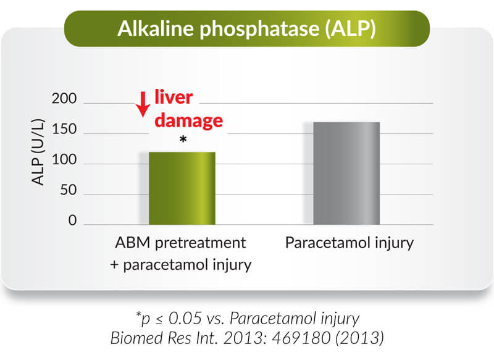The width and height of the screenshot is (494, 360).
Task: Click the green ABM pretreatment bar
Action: (182, 188)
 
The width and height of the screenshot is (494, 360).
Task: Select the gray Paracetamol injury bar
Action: (346, 174)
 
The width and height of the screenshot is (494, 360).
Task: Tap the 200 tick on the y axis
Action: (64, 99)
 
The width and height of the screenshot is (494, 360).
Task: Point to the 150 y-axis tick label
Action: (64, 129)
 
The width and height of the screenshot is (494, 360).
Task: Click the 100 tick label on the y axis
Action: (64, 160)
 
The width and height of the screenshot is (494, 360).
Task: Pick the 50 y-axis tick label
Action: (69, 190)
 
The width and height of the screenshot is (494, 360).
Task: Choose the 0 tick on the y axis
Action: (72, 220)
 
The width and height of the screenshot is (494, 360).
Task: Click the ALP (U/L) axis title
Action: (38, 152)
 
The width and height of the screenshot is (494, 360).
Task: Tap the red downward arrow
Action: (143, 104)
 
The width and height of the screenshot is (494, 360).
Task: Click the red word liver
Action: (174, 97)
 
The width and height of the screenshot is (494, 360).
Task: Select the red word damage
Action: (189, 120)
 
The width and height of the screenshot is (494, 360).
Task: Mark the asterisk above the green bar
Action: (183, 139)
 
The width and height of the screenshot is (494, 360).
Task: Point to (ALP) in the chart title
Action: (351, 29)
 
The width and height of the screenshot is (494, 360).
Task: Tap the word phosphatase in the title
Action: (259, 29)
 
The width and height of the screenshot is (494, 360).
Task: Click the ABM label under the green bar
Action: (133, 243)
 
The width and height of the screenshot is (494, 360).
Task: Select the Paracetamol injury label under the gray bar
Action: (350, 244)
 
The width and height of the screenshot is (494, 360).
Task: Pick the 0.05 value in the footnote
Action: (185, 318)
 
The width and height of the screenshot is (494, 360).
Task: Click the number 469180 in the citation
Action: (301, 338)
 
